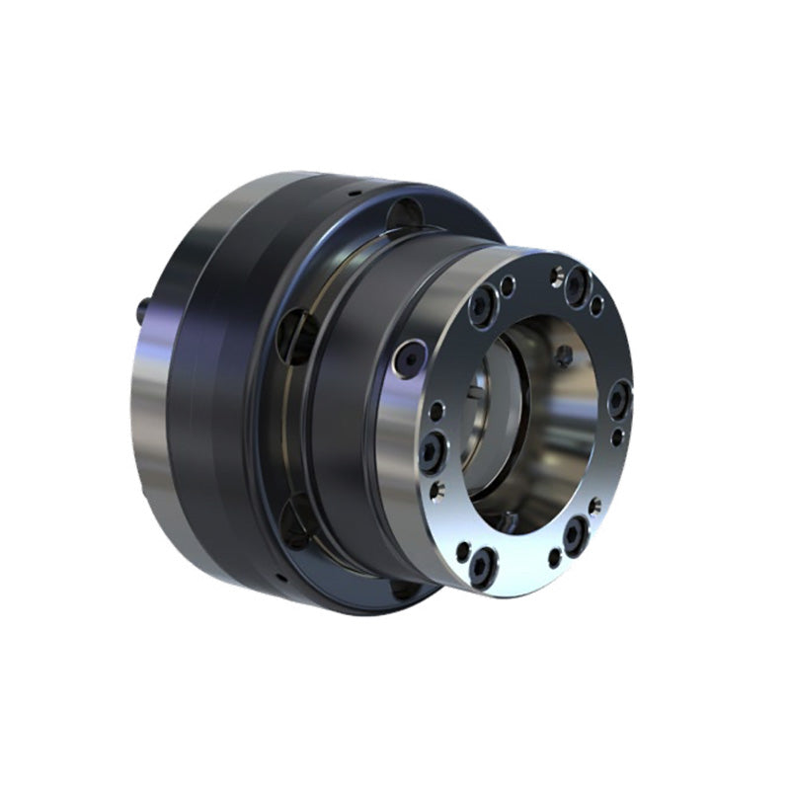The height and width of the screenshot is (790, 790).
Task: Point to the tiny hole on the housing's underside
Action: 279,577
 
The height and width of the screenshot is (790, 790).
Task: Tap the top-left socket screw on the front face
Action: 483,308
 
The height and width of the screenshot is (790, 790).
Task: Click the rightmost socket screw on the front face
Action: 619,400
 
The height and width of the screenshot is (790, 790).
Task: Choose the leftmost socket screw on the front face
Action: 432,453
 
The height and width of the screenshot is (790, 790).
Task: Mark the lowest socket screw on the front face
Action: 482,563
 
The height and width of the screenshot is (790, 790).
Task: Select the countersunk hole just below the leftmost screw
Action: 438,490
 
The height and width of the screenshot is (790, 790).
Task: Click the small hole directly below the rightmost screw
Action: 617,435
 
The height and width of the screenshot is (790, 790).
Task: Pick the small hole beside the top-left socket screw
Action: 508,286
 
